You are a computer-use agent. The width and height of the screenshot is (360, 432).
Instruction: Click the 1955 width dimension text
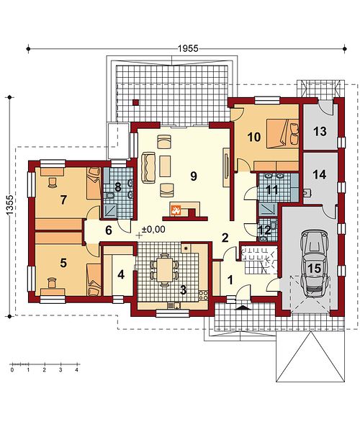(x=188, y=48)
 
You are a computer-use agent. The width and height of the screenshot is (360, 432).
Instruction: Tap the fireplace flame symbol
(x=176, y=210)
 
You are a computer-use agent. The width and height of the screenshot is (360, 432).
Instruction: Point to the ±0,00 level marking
(x=153, y=229)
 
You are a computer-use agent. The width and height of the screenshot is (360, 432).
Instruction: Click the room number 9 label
(x=194, y=176)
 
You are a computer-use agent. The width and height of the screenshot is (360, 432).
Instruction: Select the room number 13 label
(x=320, y=132)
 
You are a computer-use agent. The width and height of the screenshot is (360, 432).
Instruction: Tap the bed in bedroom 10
(x=282, y=134)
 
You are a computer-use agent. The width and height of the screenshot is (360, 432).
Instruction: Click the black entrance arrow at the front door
(x=242, y=307)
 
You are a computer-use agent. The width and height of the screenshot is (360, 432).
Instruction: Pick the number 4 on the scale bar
(x=77, y=370)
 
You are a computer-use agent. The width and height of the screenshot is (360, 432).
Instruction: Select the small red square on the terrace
(x=135, y=102)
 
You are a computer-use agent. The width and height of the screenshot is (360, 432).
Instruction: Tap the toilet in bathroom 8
(x=110, y=196)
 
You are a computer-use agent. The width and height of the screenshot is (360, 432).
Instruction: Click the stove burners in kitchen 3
(x=203, y=295)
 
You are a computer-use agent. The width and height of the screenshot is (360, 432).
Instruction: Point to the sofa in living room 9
(x=148, y=168)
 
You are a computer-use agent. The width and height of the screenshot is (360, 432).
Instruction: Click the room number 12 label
(x=264, y=229)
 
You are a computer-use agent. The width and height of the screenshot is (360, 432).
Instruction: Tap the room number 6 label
(x=109, y=230)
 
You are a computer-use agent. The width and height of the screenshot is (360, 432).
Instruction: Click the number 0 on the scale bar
(x=12, y=370)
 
